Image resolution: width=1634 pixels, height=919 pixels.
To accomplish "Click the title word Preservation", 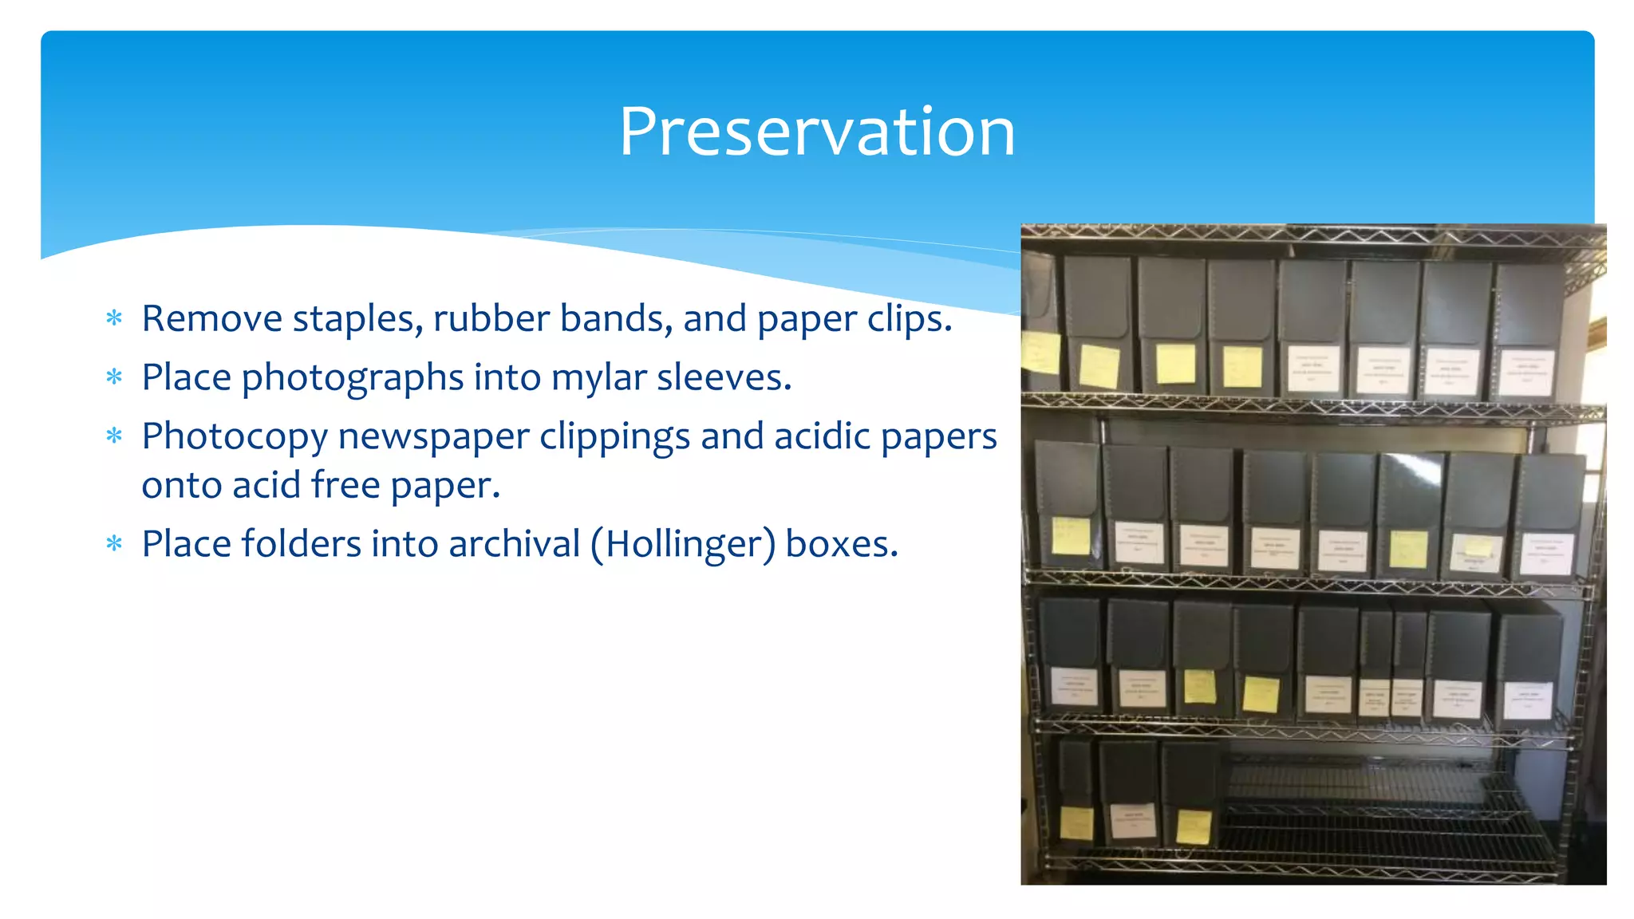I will point(817,132).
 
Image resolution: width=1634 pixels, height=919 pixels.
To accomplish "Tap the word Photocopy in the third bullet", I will point(235,437).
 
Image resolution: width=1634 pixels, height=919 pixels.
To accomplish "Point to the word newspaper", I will point(433,437).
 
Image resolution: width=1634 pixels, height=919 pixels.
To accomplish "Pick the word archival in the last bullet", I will point(514,544).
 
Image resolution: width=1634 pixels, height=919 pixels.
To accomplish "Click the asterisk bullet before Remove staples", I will point(114,319).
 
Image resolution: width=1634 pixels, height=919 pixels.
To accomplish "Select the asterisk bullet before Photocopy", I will point(114,436).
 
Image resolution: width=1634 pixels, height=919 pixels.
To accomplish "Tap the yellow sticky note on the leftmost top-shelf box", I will point(1040,353).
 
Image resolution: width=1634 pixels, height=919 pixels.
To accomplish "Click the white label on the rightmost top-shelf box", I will point(1525,372).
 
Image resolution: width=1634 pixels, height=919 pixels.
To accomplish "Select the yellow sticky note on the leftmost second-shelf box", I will point(1070,535).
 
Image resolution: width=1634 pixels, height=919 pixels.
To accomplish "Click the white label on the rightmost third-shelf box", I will point(1527,700).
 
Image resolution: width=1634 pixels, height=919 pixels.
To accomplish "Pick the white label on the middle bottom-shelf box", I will point(1133,820).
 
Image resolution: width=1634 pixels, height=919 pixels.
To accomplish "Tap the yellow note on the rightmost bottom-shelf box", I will point(1194,826).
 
